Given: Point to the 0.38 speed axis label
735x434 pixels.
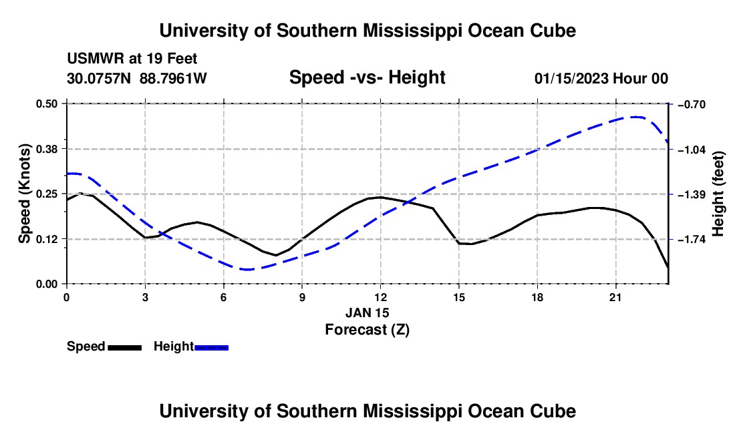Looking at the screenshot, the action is pos(46,149).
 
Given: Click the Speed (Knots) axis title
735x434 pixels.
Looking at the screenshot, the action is pos(24,194).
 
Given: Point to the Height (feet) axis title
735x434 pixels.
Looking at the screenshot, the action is pos(718,194).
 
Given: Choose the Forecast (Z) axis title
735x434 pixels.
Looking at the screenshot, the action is pos(367,330).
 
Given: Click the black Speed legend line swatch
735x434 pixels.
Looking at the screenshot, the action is pos(125,348).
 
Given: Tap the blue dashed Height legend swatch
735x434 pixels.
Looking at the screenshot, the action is pos(211,348).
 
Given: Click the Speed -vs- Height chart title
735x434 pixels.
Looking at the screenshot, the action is pos(367,77).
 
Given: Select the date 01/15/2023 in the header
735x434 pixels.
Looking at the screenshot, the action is pos(572,79).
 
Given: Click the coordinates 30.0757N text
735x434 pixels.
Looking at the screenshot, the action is pos(99,78).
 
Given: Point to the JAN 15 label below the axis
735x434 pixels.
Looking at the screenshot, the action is pos(367,312).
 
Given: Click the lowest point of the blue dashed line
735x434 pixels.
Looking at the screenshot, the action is pos(247,270).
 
